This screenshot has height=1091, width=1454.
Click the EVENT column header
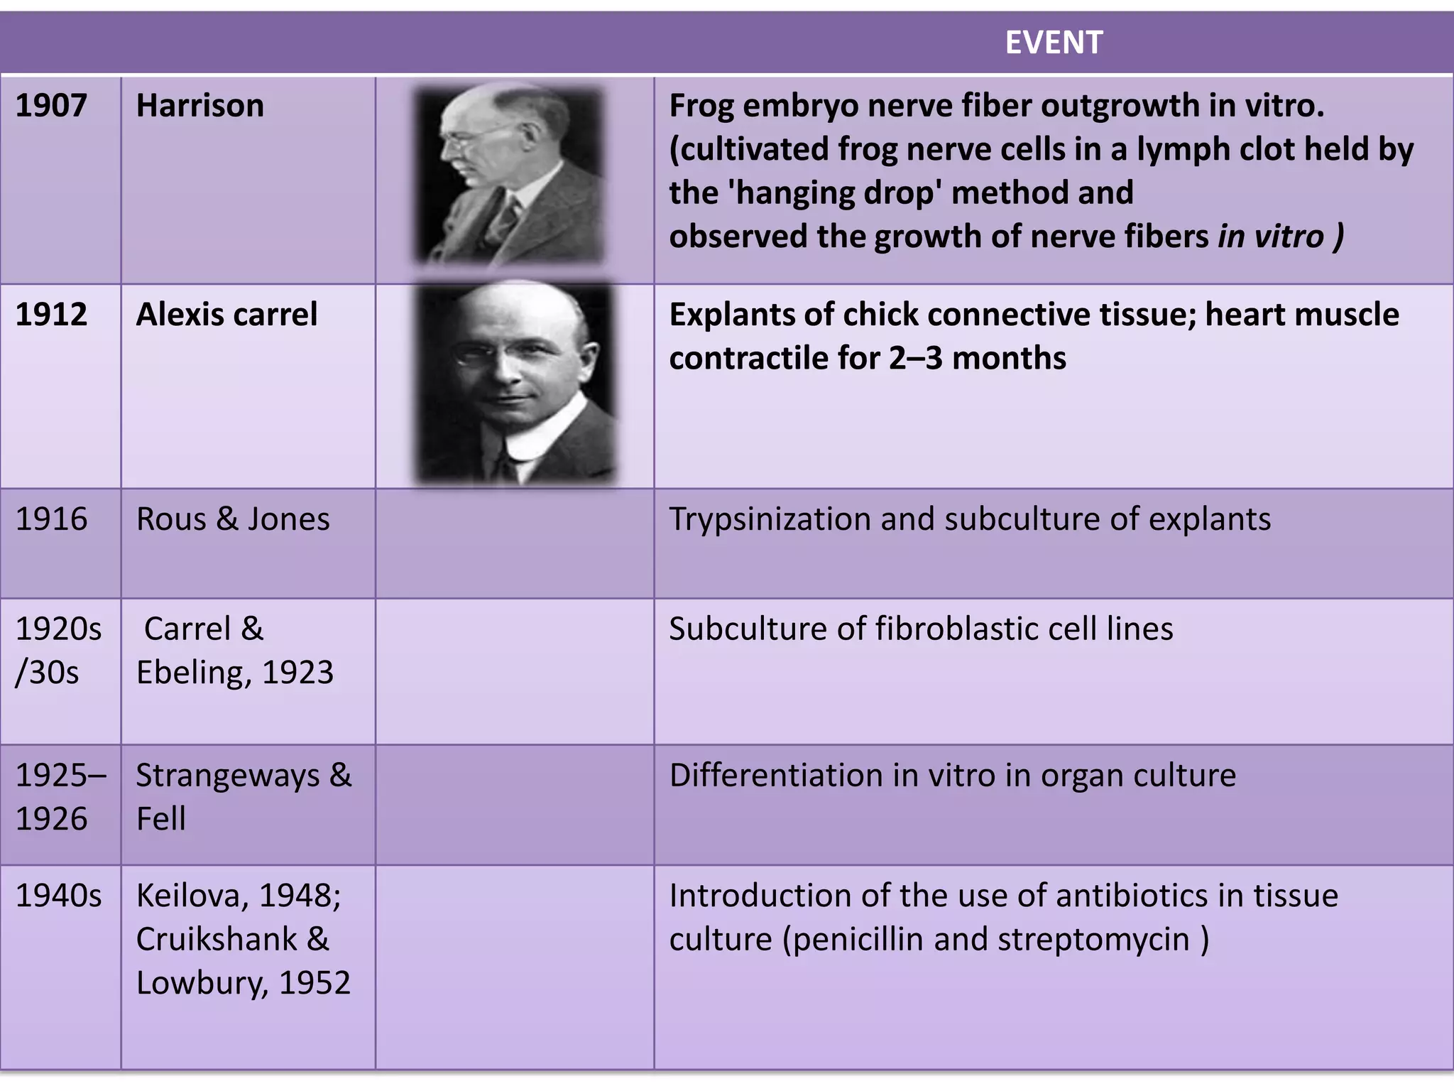1054,43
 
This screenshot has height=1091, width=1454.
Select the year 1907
51,106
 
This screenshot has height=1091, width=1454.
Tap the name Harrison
199,106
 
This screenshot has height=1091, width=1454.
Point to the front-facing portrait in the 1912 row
514,384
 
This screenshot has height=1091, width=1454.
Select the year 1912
51,315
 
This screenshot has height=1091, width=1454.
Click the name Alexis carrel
226,315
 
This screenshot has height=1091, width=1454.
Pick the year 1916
51,519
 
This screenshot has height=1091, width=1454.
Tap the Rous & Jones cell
233,519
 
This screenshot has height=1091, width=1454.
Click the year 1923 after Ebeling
297,673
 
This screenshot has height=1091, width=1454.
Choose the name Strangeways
227,776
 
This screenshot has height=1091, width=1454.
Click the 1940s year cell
58,896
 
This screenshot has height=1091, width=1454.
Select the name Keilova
192,896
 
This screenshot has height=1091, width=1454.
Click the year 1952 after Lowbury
315,984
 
